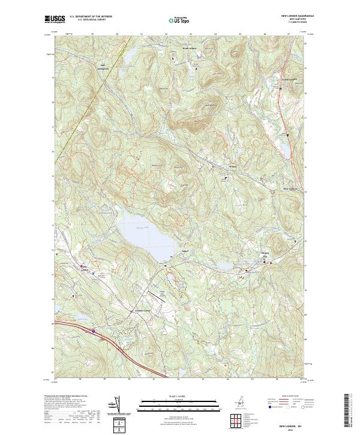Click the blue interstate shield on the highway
(94, 329)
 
